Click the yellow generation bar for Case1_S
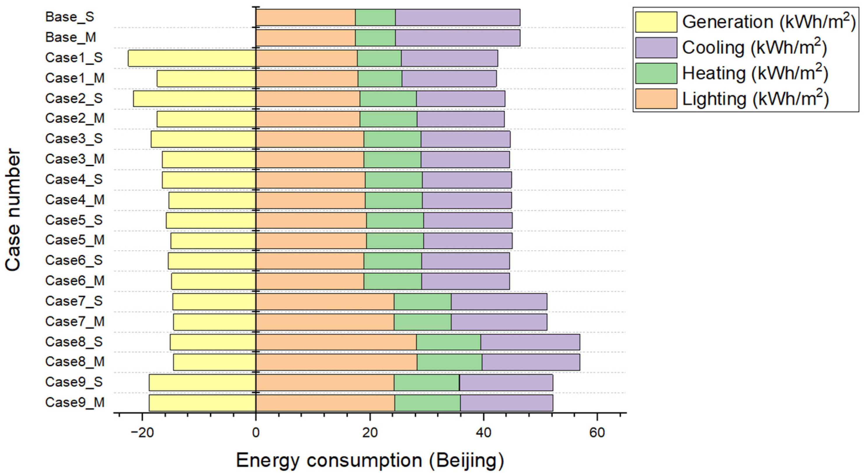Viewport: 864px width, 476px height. coord(192,58)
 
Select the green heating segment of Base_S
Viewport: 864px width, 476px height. coord(375,18)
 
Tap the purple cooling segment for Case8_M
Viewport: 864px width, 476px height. coord(531,362)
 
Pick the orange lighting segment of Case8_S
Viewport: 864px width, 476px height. coord(336,342)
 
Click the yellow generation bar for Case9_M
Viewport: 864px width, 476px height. coord(202,403)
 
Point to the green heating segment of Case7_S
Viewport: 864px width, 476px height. coord(422,301)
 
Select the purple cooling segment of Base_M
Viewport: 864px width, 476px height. coord(457,38)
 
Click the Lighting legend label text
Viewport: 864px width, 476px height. coord(755,99)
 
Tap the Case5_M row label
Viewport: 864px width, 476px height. coord(75,240)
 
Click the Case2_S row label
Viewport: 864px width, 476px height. coord(74,99)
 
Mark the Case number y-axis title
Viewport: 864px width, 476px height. coord(13,210)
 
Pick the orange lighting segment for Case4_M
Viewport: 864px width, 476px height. coord(310,200)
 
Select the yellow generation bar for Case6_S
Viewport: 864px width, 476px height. coord(212,261)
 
